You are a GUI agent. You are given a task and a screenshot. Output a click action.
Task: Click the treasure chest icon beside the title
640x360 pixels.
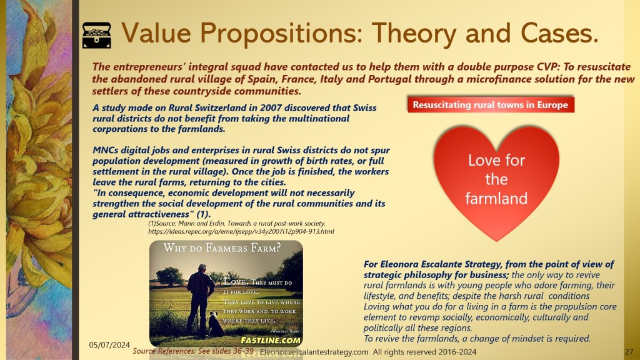click(97, 36)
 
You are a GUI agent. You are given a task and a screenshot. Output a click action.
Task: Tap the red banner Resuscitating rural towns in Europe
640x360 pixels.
click(491, 105)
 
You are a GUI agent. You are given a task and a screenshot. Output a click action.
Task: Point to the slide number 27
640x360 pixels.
click(629, 352)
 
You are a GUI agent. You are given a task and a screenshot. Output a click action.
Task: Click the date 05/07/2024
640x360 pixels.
click(109, 345)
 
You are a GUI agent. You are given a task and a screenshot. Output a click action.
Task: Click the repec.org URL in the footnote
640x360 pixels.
click(241, 231)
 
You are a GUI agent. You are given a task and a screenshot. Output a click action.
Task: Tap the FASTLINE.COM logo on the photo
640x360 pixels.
click(271, 341)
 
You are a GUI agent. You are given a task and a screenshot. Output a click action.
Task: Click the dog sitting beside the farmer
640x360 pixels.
click(216, 324)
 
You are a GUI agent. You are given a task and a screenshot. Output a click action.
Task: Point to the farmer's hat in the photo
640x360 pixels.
click(201, 266)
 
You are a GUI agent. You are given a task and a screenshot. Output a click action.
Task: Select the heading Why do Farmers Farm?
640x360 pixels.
click(222, 247)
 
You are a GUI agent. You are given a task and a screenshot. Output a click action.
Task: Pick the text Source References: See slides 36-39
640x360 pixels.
click(193, 351)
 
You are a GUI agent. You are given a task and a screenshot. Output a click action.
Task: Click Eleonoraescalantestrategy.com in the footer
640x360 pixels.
click(314, 352)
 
